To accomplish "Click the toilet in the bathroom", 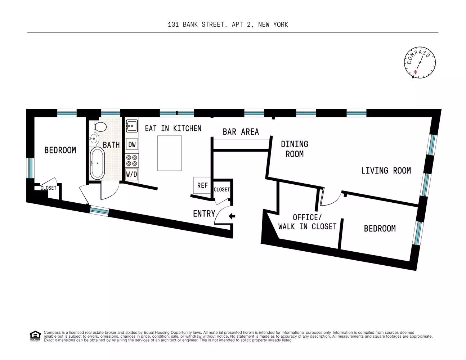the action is point(100,127).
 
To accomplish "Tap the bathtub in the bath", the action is point(97,163).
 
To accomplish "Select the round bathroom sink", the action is point(94,139).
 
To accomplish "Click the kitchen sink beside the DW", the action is point(131,126).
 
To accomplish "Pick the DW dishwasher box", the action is point(132,144).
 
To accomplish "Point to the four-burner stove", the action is point(132,161).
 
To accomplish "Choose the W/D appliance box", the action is point(132,174).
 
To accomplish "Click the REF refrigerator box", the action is point(202,185).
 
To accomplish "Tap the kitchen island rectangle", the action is point(169,153).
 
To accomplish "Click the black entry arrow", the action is point(232,216).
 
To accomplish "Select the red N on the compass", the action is point(415,72).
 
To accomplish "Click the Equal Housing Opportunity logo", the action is point(35,336).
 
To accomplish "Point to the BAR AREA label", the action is point(241,132).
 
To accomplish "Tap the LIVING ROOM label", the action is point(386,171).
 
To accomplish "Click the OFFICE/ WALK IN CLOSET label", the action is point(307,222).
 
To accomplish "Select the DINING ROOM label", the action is point(295,149).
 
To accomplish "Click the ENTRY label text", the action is point(204,213).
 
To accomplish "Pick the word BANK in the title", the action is point(190,24).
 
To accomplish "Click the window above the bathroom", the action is point(111,113).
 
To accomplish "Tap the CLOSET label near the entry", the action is point(222,190).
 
